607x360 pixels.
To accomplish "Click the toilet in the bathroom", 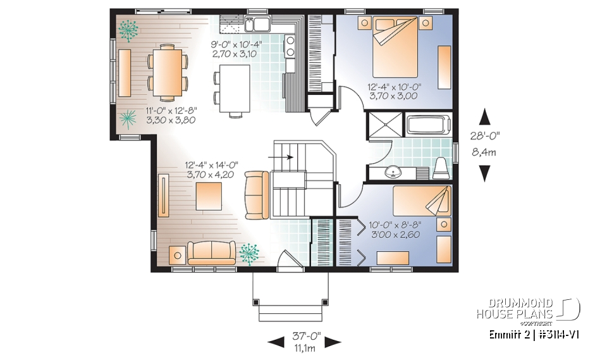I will tap(441, 167).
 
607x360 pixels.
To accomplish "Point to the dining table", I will tap(168, 71).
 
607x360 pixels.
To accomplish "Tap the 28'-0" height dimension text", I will tap(484, 135).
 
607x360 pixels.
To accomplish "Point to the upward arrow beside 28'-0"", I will tap(485, 116).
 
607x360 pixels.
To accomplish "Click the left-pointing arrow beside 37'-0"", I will tap(276, 342).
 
